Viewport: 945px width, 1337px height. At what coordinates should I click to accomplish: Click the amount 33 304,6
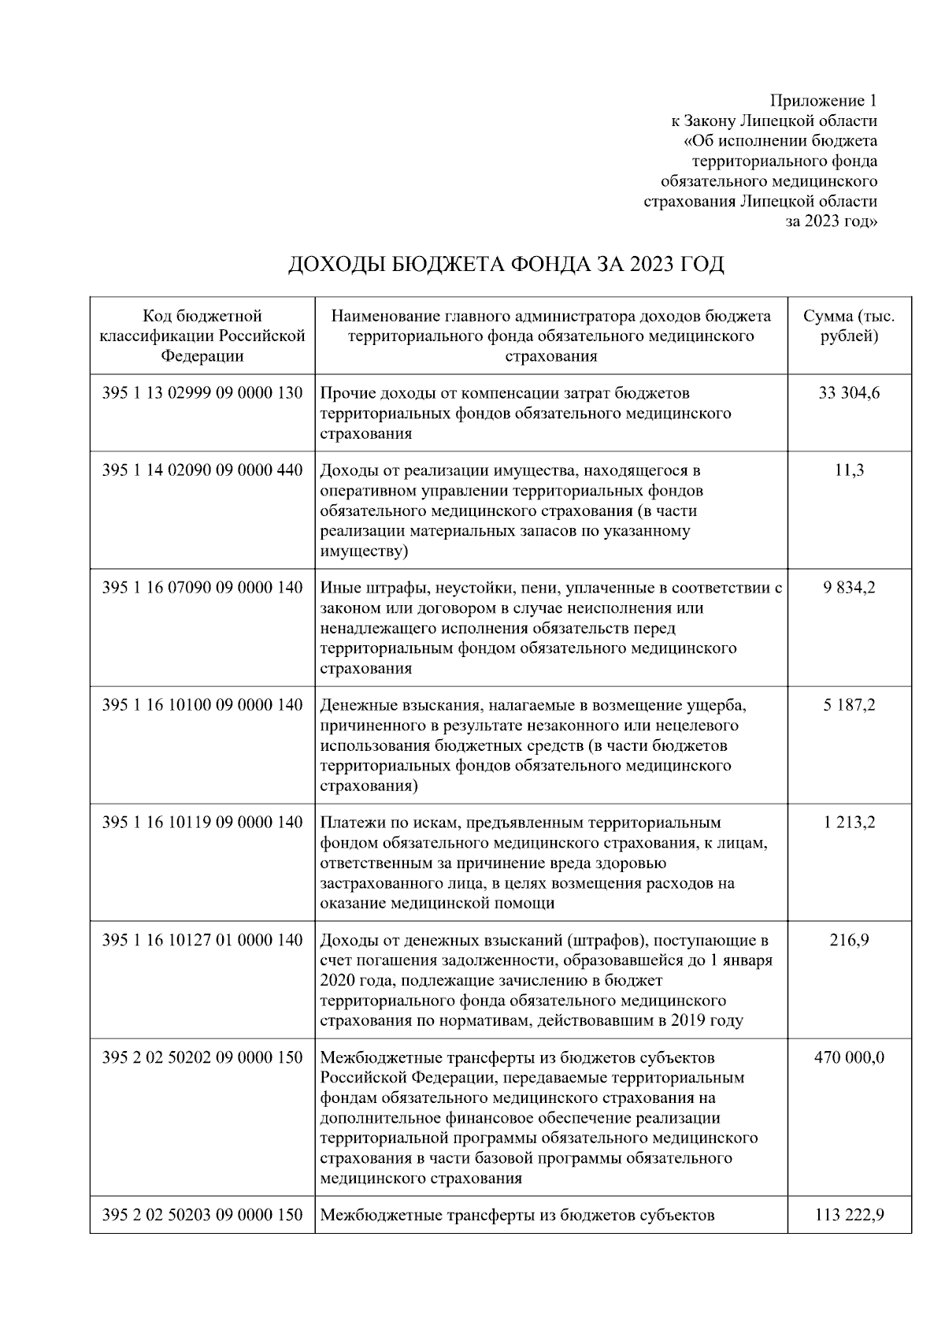pos(849,392)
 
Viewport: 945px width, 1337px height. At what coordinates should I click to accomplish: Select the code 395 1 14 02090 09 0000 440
pos(202,470)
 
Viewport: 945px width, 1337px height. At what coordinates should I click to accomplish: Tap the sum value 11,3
pos(849,470)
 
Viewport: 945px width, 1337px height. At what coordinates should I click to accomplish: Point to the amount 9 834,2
pos(849,588)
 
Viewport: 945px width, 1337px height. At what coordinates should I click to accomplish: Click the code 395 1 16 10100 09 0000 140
pos(202,705)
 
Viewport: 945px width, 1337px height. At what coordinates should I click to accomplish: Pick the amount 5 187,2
pos(849,705)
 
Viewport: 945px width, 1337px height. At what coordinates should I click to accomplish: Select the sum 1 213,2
pos(849,823)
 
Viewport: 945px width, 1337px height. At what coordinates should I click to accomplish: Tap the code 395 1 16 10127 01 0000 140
pos(202,940)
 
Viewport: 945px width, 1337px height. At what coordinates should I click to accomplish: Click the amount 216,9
pos(849,940)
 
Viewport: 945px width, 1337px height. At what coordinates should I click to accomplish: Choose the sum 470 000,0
pos(849,1057)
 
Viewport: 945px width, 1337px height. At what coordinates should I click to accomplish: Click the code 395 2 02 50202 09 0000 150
pos(202,1057)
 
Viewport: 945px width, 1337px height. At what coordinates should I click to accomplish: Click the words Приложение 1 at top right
pos(823,101)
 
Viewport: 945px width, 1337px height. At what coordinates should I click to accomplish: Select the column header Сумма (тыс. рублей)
pos(849,326)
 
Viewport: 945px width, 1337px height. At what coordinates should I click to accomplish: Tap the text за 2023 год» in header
pos(832,221)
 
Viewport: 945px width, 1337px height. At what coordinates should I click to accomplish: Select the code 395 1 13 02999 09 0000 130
pos(202,392)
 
